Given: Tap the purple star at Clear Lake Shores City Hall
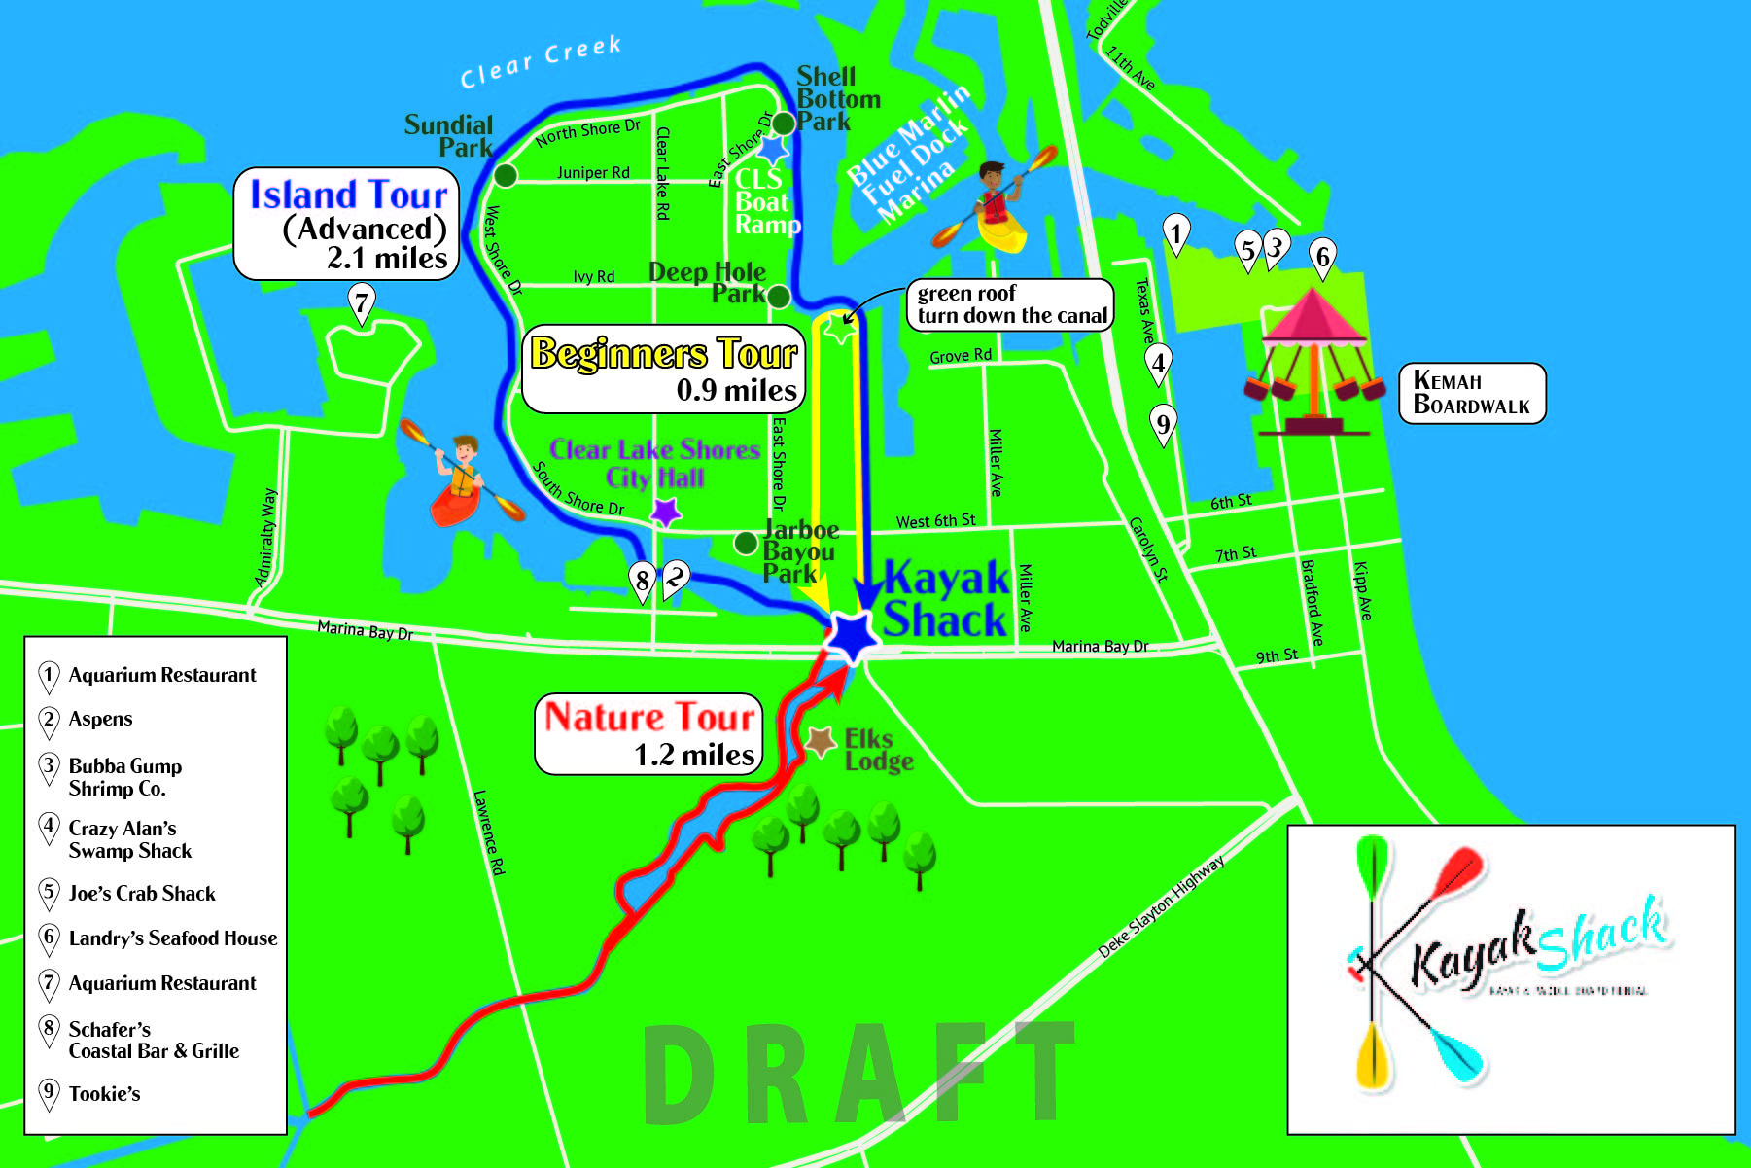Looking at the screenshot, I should click(665, 512).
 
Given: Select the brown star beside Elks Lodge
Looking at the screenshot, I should click(821, 742).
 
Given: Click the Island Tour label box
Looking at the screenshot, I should click(346, 225).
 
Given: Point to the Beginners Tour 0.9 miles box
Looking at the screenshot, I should click(665, 370).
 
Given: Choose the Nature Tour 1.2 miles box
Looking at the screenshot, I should click(648, 734).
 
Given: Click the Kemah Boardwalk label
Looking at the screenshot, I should click(1471, 393).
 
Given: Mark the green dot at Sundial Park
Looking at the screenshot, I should click(505, 175).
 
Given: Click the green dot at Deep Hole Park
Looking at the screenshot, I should click(779, 296).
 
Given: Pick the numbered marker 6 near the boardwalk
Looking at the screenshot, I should click(1321, 258).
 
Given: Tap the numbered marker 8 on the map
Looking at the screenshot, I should click(642, 581).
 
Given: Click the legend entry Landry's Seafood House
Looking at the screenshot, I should click(172, 938).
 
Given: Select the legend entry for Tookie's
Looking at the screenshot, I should click(104, 1094).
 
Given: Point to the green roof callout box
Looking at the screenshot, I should click(1010, 304).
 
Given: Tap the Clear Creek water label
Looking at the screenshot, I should click(541, 61).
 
